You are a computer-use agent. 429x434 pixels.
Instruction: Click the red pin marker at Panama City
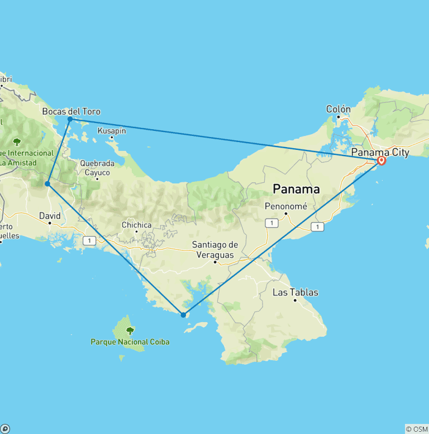[x=382, y=161]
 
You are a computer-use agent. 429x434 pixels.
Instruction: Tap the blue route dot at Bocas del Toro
[x=70, y=119]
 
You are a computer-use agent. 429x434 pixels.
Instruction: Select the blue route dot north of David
[x=48, y=183]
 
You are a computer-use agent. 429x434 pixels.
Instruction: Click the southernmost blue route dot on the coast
[x=183, y=315]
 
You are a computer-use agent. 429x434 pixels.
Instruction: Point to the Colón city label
[x=339, y=109]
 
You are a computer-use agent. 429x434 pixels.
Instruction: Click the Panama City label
[x=380, y=152]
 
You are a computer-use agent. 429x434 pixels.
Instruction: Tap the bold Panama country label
[x=296, y=189]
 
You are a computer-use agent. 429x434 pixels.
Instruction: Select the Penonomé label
[x=285, y=206]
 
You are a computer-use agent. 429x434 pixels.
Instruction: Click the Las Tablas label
[x=295, y=292]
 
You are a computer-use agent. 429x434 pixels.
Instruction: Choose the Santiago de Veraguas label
[x=215, y=249]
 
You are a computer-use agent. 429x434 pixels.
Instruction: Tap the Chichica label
[x=136, y=225]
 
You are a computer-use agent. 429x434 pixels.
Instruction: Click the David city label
[x=49, y=215]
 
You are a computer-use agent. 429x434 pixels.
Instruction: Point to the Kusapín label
[x=112, y=130]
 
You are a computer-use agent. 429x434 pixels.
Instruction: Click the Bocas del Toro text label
[x=71, y=111]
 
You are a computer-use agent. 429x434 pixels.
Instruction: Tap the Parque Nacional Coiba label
[x=130, y=342]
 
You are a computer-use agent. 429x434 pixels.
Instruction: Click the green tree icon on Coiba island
[x=130, y=331]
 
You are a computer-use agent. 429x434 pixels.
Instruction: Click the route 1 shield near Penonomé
[x=271, y=223]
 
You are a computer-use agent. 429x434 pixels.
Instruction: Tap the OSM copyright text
[x=417, y=429]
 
